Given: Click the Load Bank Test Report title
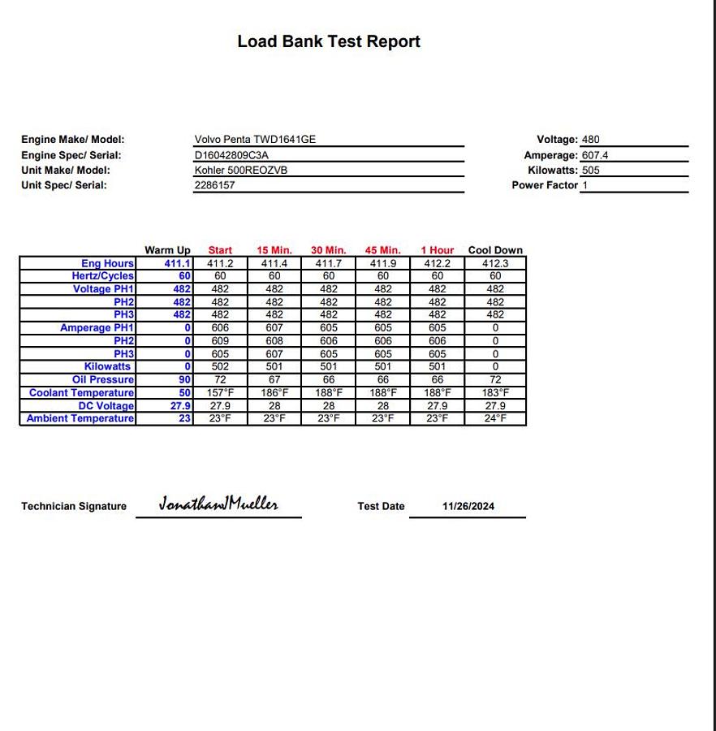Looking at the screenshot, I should click(x=328, y=41).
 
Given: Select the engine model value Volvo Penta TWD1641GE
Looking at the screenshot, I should click(x=255, y=140).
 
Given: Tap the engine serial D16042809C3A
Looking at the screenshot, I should click(x=231, y=155).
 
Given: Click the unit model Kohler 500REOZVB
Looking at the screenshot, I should click(x=240, y=171).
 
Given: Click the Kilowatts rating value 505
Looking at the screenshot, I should click(x=590, y=171).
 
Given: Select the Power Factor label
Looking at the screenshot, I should click(x=544, y=185).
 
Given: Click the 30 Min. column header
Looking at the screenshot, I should click(x=328, y=250).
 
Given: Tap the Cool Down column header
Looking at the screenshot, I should click(x=495, y=250).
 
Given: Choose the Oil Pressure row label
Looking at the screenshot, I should click(x=103, y=380).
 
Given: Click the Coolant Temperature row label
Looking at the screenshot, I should click(x=81, y=393).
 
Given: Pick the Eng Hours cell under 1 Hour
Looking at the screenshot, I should click(x=437, y=263).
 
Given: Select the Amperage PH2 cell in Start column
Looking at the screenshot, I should click(x=220, y=341).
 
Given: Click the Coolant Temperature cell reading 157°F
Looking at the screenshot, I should click(x=220, y=393).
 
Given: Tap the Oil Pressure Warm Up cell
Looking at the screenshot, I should click(x=184, y=380).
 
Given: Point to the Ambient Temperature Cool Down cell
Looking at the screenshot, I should click(x=495, y=419).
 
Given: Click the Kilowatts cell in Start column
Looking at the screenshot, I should click(x=220, y=367).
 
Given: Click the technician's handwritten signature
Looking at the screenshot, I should click(x=218, y=504).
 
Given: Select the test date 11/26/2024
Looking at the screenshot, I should click(x=468, y=506).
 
